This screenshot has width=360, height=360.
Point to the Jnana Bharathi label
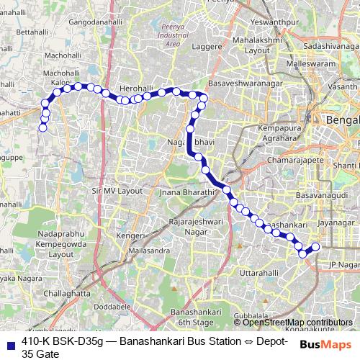[x=188, y=193]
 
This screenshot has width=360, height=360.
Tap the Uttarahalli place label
[x=258, y=274]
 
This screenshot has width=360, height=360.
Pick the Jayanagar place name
[x=336, y=223]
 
